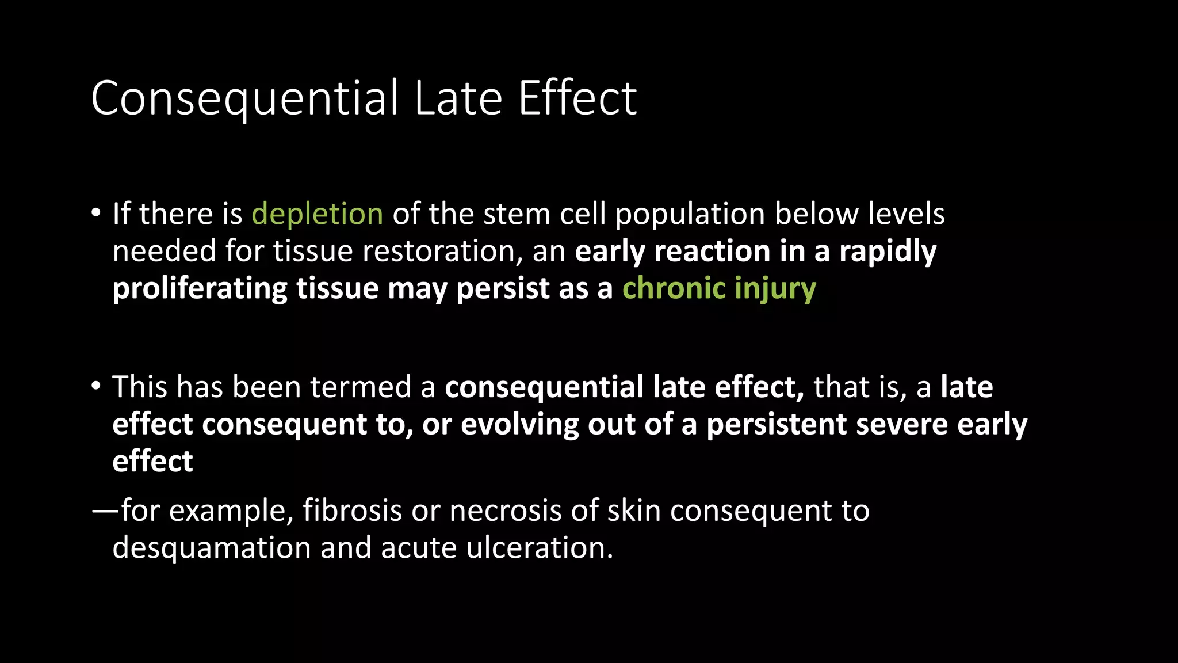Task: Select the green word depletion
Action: (x=318, y=215)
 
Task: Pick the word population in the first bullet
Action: (x=690, y=215)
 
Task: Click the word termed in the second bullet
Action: (x=361, y=387)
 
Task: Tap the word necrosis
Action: (x=505, y=510)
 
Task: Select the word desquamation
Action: (x=212, y=548)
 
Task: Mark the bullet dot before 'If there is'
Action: (x=96, y=214)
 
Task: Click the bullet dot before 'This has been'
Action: (x=96, y=386)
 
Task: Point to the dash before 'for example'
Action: (x=105, y=510)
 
